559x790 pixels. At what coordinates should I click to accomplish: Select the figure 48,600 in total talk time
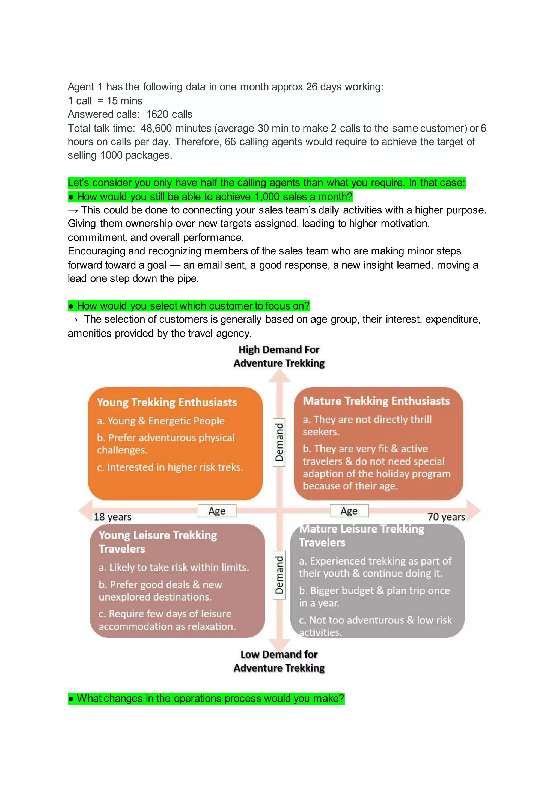[156, 128]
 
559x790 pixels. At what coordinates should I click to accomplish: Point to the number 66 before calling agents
[230, 142]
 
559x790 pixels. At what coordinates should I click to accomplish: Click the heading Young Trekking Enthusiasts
[167, 402]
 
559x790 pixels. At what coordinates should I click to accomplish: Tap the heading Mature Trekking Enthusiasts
[376, 401]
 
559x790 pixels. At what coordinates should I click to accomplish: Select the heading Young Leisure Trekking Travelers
[158, 542]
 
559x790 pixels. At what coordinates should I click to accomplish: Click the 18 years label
[112, 517]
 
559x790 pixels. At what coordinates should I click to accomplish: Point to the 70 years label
[446, 517]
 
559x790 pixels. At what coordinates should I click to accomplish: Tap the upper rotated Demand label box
[279, 442]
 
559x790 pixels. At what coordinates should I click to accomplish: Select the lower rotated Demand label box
[279, 575]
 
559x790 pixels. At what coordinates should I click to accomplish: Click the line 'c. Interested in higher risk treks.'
[170, 467]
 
